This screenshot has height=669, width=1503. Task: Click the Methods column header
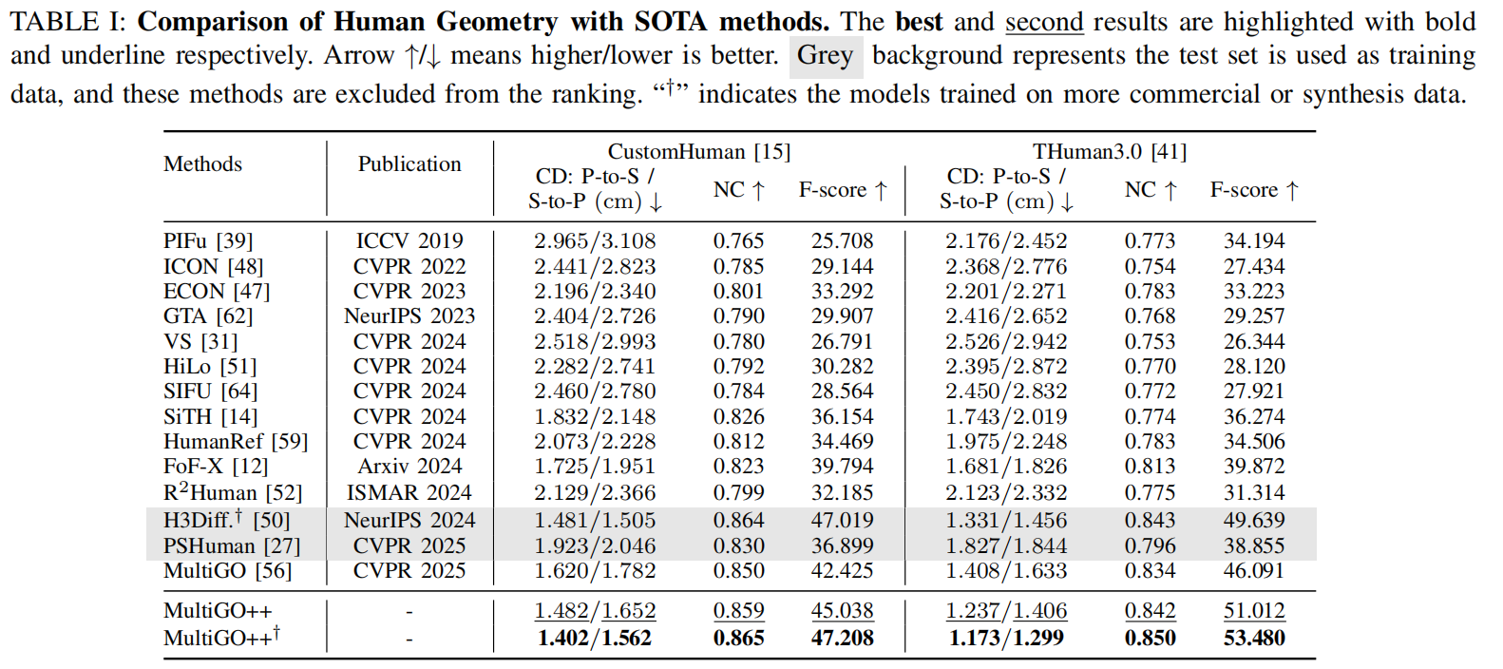202,164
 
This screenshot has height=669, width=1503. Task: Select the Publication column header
409,164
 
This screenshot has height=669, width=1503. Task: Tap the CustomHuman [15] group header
698,152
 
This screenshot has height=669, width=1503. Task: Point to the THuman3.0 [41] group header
1110,152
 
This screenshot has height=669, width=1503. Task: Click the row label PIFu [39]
208,241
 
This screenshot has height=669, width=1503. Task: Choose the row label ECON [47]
217,292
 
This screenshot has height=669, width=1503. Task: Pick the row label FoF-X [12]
216,467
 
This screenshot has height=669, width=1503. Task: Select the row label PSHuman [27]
232,546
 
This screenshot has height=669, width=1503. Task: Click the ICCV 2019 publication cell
409,241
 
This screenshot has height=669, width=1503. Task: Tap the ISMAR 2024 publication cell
409,493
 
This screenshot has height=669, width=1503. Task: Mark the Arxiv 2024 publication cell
409,467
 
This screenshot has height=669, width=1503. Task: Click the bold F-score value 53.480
1254,639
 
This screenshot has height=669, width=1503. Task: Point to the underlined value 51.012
1254,611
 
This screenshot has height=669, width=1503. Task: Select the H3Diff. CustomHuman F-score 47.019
842,521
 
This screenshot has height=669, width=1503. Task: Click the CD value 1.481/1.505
595,521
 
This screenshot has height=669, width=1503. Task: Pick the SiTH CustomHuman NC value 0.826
738,417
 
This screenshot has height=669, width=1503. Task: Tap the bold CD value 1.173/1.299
1006,639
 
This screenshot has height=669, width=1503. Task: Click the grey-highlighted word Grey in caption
825,56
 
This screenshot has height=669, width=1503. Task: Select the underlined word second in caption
1044,22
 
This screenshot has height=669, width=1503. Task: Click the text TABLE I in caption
65,22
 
